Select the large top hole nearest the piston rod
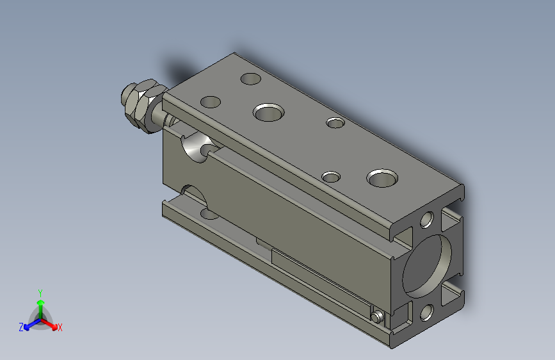point(269,112)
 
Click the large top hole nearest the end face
point(382,178)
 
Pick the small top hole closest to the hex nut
point(210,102)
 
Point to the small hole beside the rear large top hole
point(331,177)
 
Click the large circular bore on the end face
point(427,266)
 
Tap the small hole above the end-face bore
point(427,220)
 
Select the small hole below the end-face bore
point(427,313)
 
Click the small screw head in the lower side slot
point(377,316)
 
